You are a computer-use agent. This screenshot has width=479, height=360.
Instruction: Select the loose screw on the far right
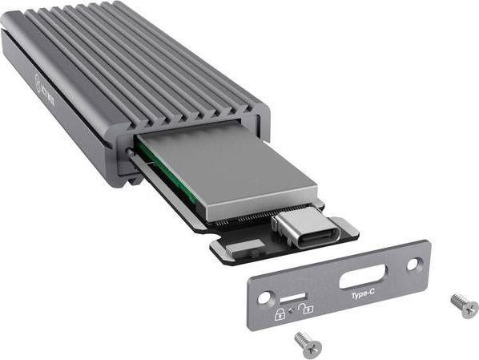[464, 304]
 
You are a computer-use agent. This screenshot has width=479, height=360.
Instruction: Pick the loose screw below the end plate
[308, 343]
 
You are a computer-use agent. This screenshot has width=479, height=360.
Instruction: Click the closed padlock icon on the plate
[280, 313]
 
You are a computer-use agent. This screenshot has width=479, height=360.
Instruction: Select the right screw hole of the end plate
[413, 263]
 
